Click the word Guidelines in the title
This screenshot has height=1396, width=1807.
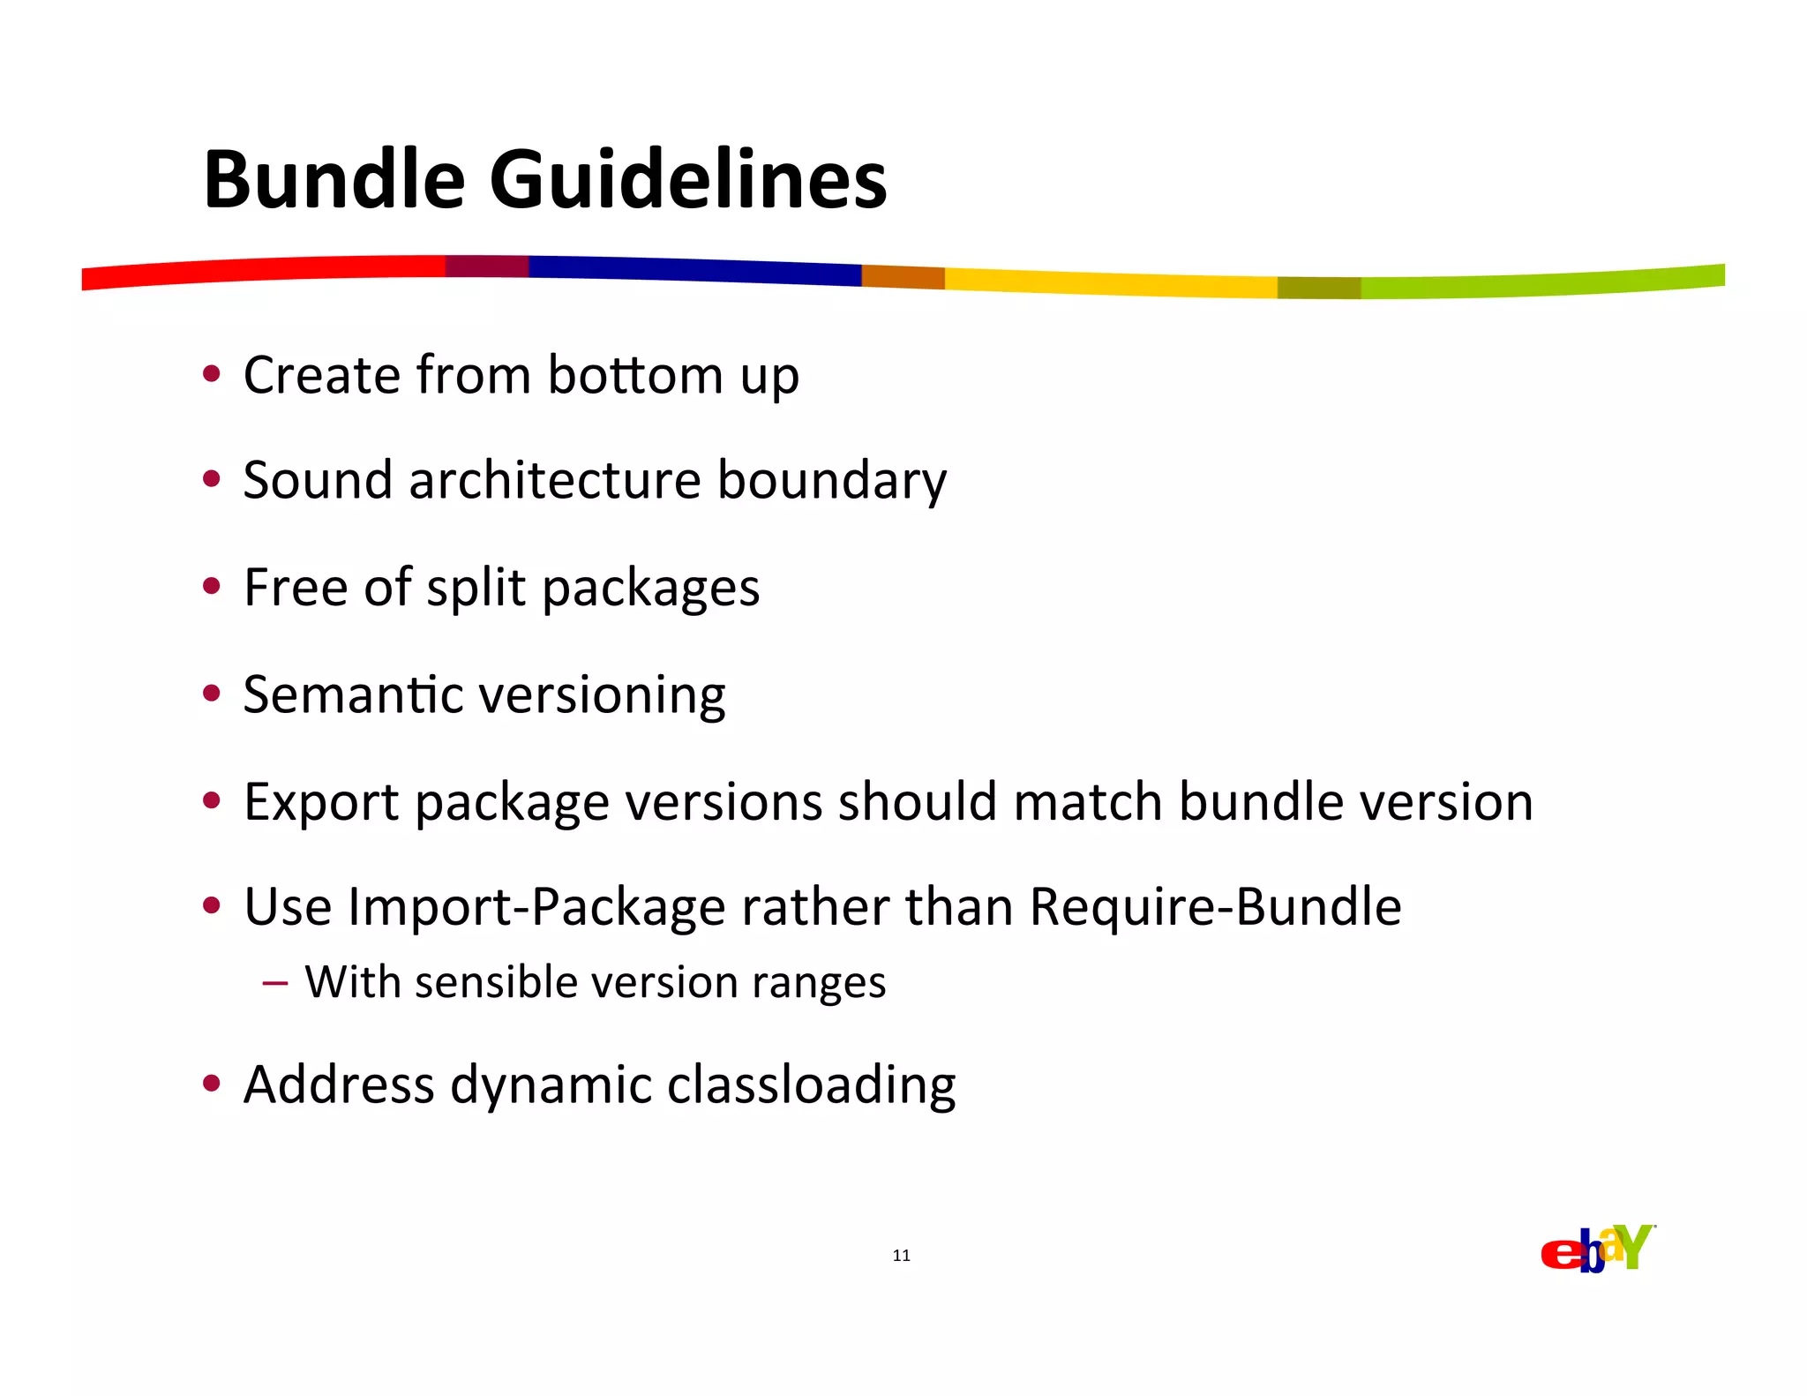click(687, 181)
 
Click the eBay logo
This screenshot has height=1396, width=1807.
click(1597, 1250)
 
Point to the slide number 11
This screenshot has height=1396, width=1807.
click(901, 1256)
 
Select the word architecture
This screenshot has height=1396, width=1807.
click(555, 481)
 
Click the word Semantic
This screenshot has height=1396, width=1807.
click(353, 695)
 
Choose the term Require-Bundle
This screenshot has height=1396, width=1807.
click(1215, 908)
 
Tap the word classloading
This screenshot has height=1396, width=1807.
click(811, 1085)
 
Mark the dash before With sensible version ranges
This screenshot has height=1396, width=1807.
click(274, 983)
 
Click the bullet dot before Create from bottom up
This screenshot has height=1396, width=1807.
click(211, 374)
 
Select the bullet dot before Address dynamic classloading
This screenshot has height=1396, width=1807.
click(211, 1083)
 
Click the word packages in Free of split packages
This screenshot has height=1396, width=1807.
click(650, 589)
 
